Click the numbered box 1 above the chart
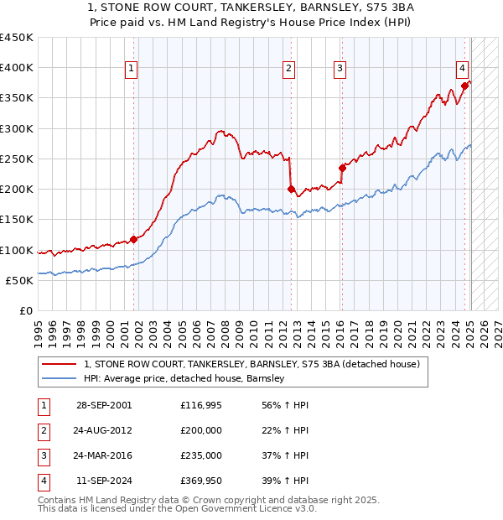click(132, 70)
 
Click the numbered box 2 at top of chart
click(288, 70)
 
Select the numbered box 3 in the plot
click(340, 70)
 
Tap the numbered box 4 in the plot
click(462, 70)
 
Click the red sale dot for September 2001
click(133, 240)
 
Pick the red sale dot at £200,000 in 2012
click(290, 190)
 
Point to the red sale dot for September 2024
click(464, 86)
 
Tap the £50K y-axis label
click(20, 280)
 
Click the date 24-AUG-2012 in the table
click(104, 430)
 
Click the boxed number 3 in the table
click(43, 455)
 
